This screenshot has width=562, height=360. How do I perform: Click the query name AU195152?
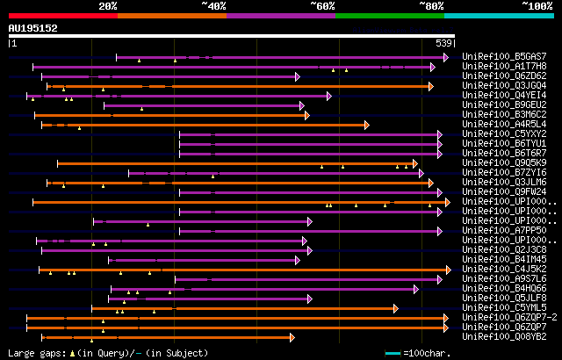pyautogui.click(x=32, y=28)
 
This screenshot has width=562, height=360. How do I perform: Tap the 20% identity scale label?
pyautogui.click(x=108, y=5)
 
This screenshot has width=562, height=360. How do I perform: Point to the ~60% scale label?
pyautogui.click(x=322, y=5)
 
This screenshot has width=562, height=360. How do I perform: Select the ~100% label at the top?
pyautogui.click(x=536, y=5)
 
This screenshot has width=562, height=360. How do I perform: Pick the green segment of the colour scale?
pyautogui.click(x=389, y=15)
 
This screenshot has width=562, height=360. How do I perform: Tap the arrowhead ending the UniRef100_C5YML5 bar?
pyautogui.click(x=396, y=308)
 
